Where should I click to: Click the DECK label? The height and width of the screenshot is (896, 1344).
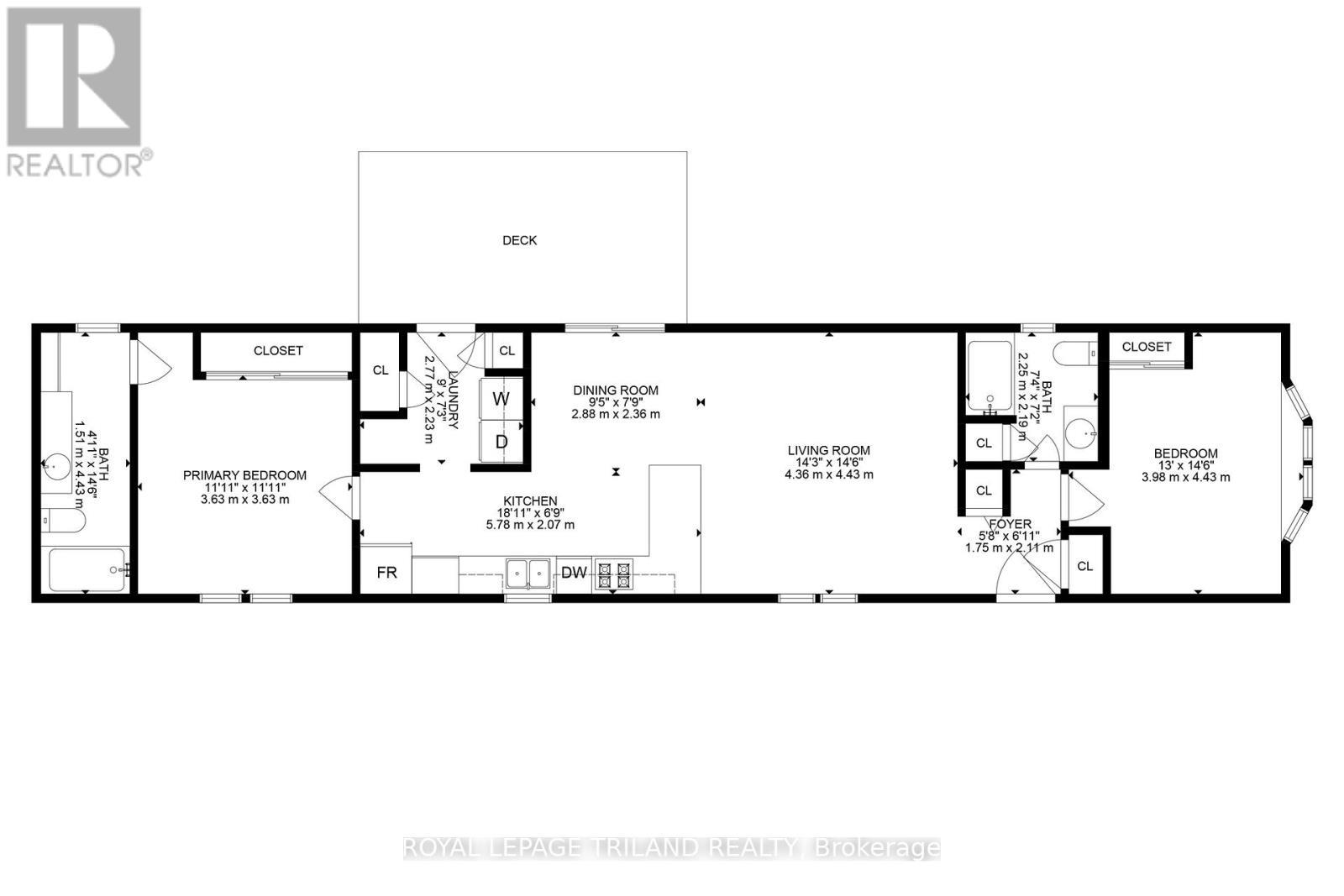pos(519,240)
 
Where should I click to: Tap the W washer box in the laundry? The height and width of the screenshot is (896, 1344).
pos(501,399)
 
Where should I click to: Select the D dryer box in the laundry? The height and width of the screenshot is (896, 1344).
pos(501,442)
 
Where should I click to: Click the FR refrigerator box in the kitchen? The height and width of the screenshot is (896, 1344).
pos(386,573)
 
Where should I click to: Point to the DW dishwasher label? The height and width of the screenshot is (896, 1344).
pos(574,574)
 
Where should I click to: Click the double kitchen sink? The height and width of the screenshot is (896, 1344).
pos(528,574)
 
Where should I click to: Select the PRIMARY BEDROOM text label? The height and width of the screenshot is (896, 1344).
pos(244,475)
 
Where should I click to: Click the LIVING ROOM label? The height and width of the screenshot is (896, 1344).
pos(828,450)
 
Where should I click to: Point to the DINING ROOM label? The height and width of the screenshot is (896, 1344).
pos(616,390)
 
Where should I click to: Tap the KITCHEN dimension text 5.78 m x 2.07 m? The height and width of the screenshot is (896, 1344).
pos(530,525)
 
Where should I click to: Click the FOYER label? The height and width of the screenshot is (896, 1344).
pos(1010,524)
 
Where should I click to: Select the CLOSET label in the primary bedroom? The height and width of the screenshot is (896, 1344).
pos(278,350)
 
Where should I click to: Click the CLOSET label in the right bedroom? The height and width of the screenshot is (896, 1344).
pos(1146,346)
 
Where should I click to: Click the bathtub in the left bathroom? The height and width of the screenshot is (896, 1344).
pos(87,570)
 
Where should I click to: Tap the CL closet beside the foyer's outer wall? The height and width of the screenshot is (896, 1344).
pos(1084,566)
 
